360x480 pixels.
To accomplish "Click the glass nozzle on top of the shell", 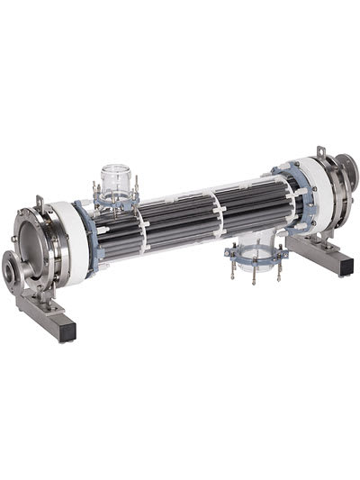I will click(x=116, y=177).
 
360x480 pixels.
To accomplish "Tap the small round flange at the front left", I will click(x=13, y=267).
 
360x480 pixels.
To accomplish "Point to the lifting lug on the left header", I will click(x=39, y=204).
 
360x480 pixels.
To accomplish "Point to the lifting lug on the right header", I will click(x=319, y=152).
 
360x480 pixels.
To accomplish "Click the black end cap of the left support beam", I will click(x=69, y=334).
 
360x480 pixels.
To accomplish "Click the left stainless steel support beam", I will click(x=45, y=311).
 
